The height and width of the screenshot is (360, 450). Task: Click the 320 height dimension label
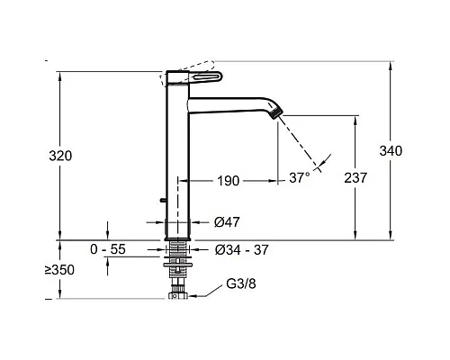pos(60,156)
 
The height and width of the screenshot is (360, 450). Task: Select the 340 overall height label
pos(391,150)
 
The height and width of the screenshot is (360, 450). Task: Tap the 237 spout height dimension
pos(355,178)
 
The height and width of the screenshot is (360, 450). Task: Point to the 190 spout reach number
pos(229,181)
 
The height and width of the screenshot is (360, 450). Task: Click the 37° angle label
pos(300,177)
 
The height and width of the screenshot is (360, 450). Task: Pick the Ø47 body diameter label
pos(227,222)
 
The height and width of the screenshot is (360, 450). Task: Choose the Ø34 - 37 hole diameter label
pos(241,250)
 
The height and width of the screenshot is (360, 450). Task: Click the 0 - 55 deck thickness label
pos(108,249)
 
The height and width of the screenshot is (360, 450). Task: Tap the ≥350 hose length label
pos(59,270)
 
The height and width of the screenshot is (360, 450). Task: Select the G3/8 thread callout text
pos(241,283)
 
